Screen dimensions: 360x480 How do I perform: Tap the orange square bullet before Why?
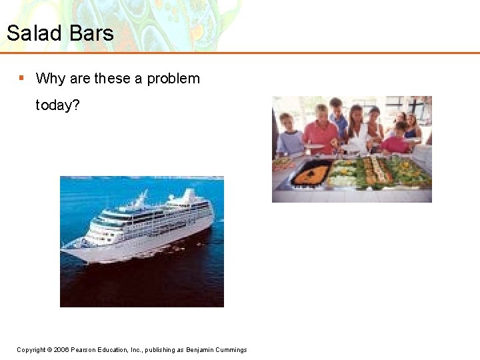point(21,78)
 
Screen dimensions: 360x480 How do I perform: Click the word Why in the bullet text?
point(51,79)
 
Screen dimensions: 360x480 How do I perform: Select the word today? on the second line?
point(57,105)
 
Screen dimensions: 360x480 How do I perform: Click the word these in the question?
point(112,79)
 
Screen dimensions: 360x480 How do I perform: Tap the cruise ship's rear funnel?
point(189,196)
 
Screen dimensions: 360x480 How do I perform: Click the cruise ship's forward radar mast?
point(141,198)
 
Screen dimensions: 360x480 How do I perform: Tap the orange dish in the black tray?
point(311,175)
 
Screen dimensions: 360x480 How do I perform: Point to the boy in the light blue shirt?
point(289,138)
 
